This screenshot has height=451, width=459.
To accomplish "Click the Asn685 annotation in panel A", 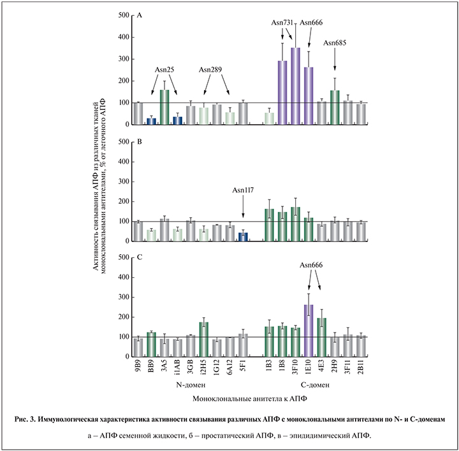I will (x=335, y=43).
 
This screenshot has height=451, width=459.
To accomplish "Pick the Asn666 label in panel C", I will (x=312, y=266).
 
